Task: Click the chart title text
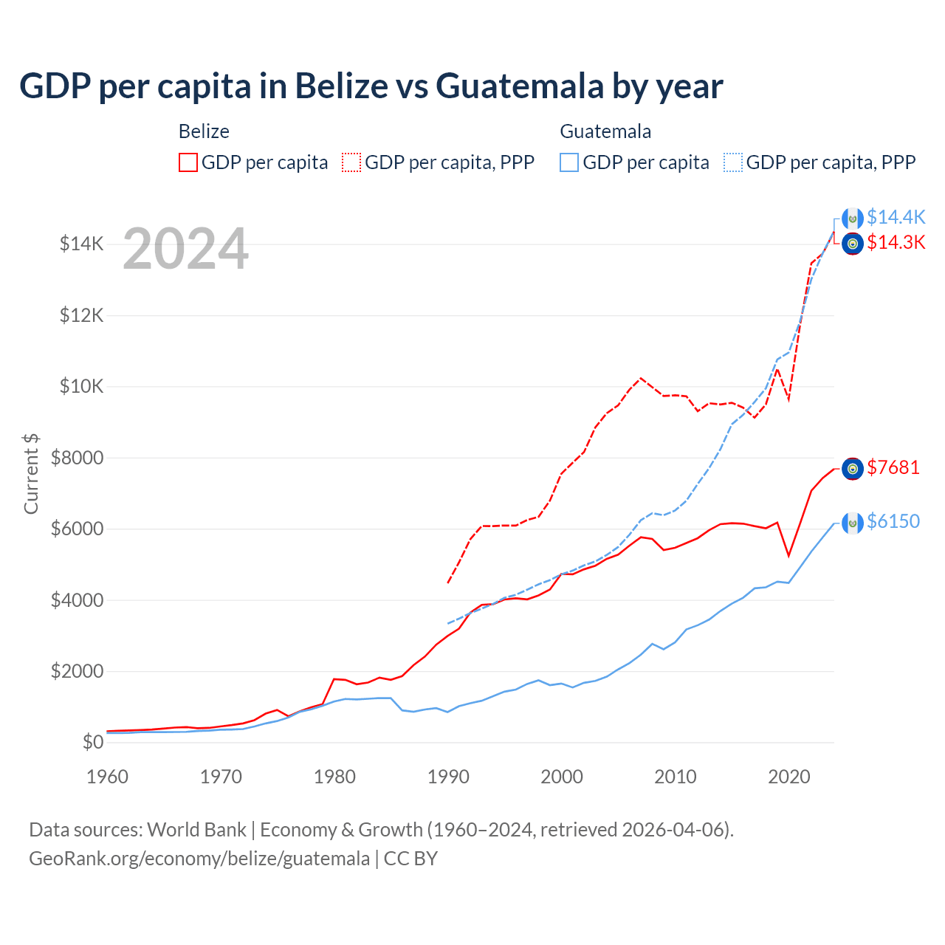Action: [x=371, y=86]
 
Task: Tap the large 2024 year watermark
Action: [x=185, y=249]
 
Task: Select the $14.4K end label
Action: [x=896, y=217]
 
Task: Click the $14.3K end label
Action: [x=896, y=242]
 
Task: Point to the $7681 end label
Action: [x=893, y=467]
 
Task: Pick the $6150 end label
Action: [x=893, y=521]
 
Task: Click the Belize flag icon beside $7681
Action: [x=853, y=468]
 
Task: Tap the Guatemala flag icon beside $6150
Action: [x=853, y=523]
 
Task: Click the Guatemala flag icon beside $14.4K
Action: [x=853, y=219]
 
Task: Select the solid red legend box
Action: [x=188, y=162]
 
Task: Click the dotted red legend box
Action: [x=351, y=162]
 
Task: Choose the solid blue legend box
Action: [x=569, y=162]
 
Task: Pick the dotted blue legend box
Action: [x=733, y=162]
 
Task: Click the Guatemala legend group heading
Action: [x=605, y=131]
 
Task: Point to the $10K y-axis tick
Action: [x=81, y=387]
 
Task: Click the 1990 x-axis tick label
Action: [x=448, y=777]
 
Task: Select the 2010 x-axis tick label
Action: [x=676, y=777]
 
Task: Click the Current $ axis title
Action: [x=31, y=473]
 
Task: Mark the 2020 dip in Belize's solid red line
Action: [x=788, y=555]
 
